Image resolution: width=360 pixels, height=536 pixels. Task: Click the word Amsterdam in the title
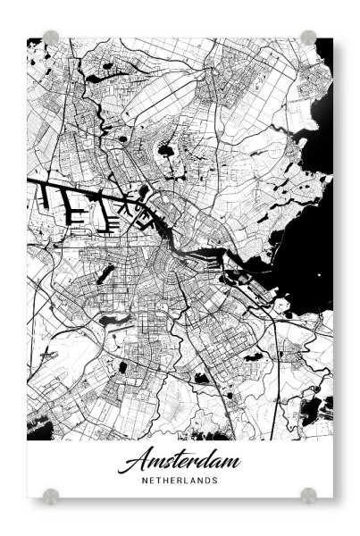tap(180, 461)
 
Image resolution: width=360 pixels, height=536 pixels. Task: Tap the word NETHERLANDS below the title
tap(180, 480)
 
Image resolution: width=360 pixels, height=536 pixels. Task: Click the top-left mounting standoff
tap(51, 38)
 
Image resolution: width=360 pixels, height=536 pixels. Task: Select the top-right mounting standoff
tap(308, 38)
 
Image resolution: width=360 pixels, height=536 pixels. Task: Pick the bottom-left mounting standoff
tap(51, 494)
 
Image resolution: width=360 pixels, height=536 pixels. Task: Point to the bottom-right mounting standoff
tap(308, 494)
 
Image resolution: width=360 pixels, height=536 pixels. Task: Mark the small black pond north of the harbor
tap(166, 152)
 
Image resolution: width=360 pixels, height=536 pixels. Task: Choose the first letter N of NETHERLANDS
tap(145, 480)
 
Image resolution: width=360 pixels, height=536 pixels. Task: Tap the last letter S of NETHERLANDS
tap(215, 480)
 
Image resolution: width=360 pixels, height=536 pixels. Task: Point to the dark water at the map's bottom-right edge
tap(316, 410)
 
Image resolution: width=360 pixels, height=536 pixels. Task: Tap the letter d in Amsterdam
tap(200, 460)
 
